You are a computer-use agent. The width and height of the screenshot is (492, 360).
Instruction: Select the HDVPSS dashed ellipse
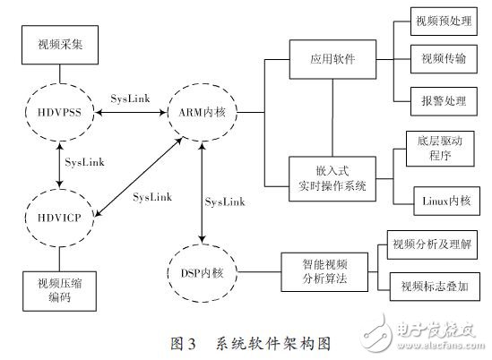click(59, 114)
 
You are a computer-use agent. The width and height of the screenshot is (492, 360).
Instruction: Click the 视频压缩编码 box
click(59, 288)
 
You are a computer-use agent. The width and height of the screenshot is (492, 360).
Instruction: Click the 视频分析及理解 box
click(434, 243)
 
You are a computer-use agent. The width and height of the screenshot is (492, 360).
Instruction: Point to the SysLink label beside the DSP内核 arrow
click(224, 202)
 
